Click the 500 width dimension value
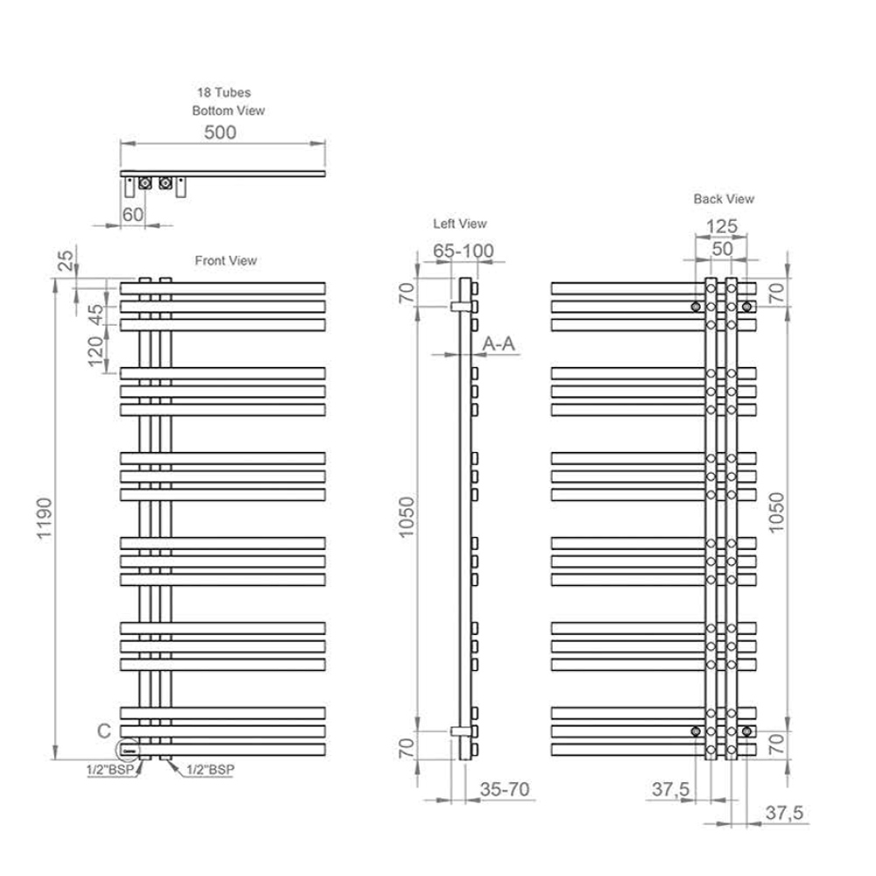point(220,132)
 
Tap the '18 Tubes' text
point(223,92)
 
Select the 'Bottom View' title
point(228,110)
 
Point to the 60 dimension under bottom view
point(132,215)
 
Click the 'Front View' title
point(226,260)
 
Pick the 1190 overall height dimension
point(44,519)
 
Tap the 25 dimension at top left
point(66,260)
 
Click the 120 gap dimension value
point(96,351)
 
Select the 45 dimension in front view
point(96,314)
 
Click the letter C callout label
point(104,731)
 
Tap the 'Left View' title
point(460,223)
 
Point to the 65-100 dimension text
point(463,251)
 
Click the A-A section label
point(498,343)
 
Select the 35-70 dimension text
point(505,789)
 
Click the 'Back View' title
point(724,199)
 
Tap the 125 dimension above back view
point(722,226)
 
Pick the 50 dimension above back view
point(722,249)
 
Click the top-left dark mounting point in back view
point(696,307)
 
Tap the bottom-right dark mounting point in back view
point(746,731)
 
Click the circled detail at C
point(128,751)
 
